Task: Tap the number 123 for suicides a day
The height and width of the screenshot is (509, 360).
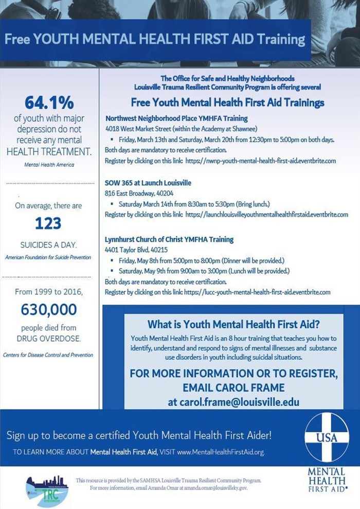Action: coord(48,223)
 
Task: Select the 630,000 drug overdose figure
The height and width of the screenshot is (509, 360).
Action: coord(49,309)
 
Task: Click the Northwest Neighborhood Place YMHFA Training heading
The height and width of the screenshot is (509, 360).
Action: coord(176,118)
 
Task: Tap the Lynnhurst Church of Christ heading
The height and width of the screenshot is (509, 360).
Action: coord(169,239)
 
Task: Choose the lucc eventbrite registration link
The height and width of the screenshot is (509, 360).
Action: coord(257,292)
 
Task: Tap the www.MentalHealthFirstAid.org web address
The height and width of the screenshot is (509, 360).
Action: coord(220,452)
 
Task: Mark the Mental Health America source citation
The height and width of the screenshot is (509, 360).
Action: coord(48,165)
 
